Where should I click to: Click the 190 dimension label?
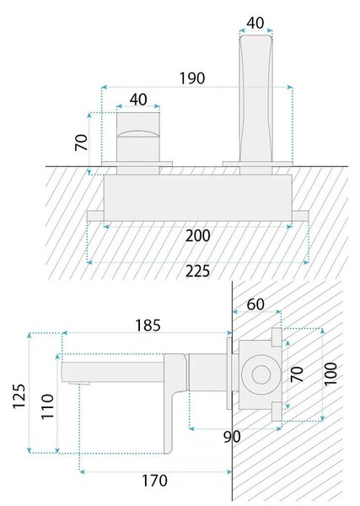pyautogui.click(x=192, y=78)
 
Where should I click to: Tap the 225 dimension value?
pyautogui.click(x=198, y=271)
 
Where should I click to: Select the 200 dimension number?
pyautogui.click(x=198, y=235)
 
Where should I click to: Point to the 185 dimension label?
pyautogui.click(x=148, y=326)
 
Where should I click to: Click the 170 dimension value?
pyautogui.click(x=155, y=481)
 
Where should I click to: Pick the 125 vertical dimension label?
pyautogui.click(x=19, y=396)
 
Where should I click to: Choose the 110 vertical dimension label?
pyautogui.click(x=47, y=406)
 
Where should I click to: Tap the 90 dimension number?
pyautogui.click(x=232, y=437)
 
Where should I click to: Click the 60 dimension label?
pyautogui.click(x=255, y=304)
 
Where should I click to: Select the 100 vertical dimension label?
pyautogui.click(x=330, y=374)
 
